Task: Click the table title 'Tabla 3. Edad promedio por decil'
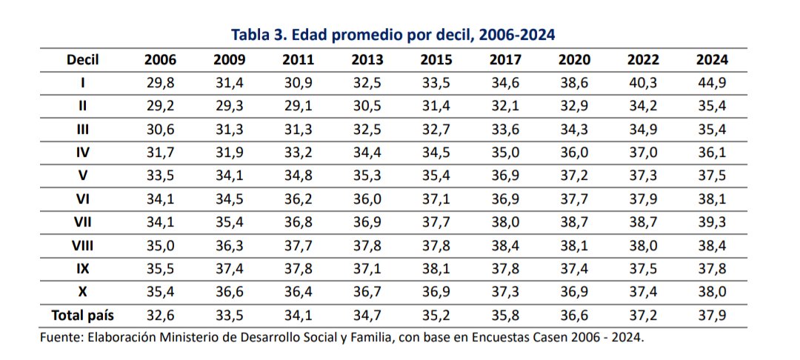(393, 34)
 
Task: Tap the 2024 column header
(712, 60)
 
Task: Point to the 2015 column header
(436, 60)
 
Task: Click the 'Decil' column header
(83, 60)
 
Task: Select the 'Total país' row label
(83, 315)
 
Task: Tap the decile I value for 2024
(712, 83)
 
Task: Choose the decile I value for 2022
(643, 83)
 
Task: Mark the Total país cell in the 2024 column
(712, 315)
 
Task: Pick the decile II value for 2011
(298, 106)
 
